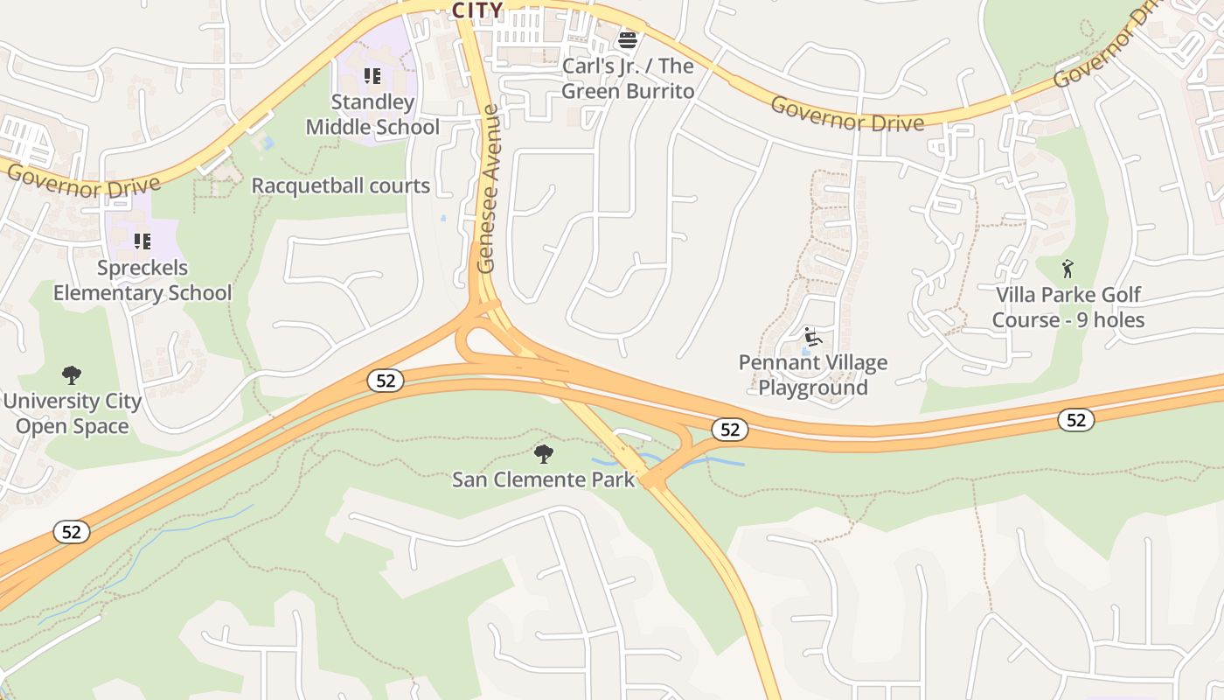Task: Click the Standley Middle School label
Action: tap(372, 115)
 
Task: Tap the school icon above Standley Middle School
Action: tap(372, 76)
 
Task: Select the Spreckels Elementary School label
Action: tap(143, 280)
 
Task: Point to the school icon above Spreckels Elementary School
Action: tap(143, 241)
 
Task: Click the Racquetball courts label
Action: tap(341, 185)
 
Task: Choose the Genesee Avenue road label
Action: tap(488, 189)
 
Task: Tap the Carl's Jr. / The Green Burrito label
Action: tap(628, 79)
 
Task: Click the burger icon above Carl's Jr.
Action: tap(628, 39)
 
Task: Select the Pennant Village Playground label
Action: tap(813, 374)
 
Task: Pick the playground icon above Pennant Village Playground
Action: tap(813, 336)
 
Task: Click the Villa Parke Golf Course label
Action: tap(1068, 307)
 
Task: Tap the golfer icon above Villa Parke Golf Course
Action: tap(1068, 268)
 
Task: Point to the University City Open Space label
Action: tap(72, 414)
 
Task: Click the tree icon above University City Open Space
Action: tap(72, 375)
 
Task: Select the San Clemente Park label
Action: tap(543, 479)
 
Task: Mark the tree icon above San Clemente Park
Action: tap(543, 453)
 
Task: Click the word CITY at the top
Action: tap(477, 10)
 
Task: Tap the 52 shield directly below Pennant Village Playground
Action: tap(729, 429)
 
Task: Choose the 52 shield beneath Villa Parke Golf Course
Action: tap(1075, 420)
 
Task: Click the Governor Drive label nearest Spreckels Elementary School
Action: tap(84, 180)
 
